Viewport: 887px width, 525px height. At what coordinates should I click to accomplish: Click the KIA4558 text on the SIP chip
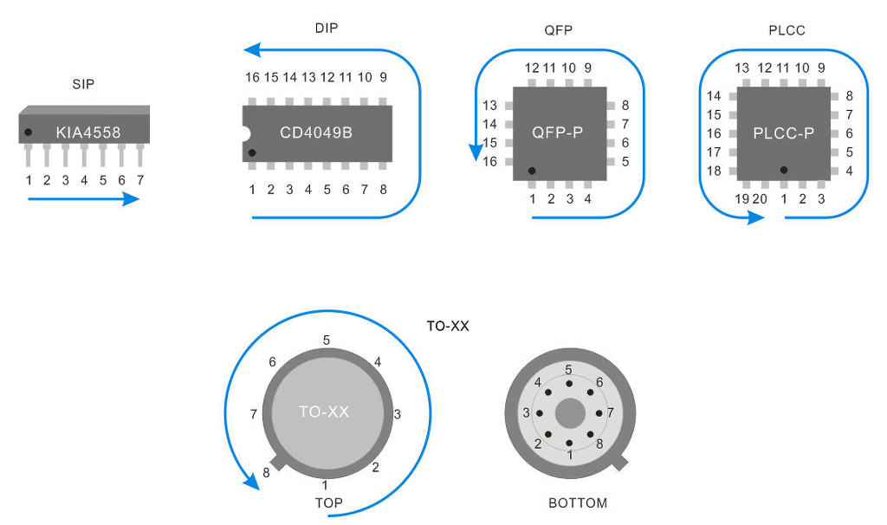pyautogui.click(x=87, y=133)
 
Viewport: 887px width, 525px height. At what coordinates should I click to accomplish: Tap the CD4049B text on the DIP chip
pyautogui.click(x=315, y=133)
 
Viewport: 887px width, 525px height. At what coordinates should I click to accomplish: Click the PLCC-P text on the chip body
pyautogui.click(x=784, y=133)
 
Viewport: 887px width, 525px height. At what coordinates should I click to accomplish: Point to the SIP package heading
pyautogui.click(x=83, y=84)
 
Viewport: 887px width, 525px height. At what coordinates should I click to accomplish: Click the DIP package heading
pyautogui.click(x=327, y=28)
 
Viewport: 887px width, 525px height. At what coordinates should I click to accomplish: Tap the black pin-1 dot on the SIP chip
pyautogui.click(x=29, y=133)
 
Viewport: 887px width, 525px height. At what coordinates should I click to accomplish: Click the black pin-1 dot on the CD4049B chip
pyautogui.click(x=252, y=153)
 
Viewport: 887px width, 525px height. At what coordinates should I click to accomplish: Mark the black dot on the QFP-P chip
pyautogui.click(x=532, y=171)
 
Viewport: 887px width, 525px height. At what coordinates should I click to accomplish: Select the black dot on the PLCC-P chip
pyautogui.click(x=783, y=171)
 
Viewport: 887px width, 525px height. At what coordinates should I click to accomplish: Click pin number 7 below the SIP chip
pyautogui.click(x=139, y=180)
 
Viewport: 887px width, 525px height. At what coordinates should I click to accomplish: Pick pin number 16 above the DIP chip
pyautogui.click(x=252, y=77)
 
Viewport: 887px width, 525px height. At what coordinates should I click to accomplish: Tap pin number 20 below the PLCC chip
pyautogui.click(x=761, y=199)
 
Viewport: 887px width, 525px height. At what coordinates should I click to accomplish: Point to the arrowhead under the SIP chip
pyautogui.click(x=130, y=199)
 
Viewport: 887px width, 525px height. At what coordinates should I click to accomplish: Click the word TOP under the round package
pyautogui.click(x=328, y=502)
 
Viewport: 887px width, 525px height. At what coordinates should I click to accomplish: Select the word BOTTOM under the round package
pyautogui.click(x=578, y=502)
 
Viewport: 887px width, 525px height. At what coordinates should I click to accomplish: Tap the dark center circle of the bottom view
pyautogui.click(x=569, y=413)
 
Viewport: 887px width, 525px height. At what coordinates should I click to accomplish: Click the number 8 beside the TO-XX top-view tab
pyautogui.click(x=265, y=473)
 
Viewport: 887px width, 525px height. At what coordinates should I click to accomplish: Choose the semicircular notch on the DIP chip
pyautogui.click(x=245, y=134)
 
